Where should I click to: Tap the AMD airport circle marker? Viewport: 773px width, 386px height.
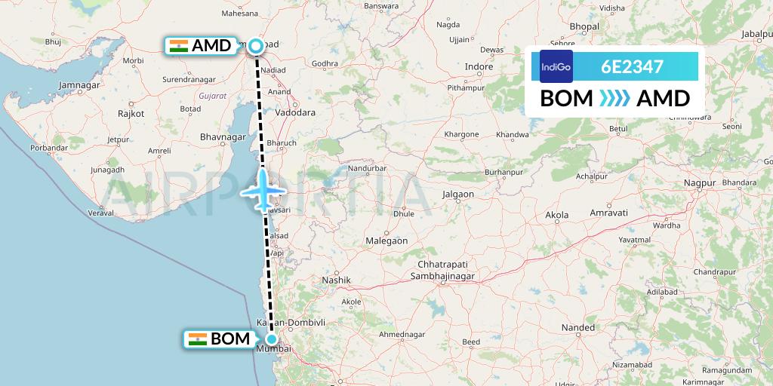coord(256,46)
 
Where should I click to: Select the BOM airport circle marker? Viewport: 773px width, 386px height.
coord(271,339)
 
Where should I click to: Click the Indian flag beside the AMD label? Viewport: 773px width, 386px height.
coord(179,46)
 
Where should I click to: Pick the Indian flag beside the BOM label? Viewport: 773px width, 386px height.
coord(198,339)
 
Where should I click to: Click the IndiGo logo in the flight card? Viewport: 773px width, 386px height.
coord(556,66)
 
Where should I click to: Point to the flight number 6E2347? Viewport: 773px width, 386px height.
coord(632,66)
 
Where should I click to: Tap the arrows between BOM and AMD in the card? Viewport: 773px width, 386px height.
coord(614,99)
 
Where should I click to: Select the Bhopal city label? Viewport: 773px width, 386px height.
coord(584,26)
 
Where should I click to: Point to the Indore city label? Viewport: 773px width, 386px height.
coord(479,66)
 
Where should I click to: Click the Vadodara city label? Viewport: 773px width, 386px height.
coord(295,112)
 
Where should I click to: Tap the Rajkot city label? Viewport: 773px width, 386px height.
coord(131,113)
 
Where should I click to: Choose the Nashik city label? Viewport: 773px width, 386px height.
coord(337,280)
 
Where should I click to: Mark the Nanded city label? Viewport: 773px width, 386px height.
coord(578,327)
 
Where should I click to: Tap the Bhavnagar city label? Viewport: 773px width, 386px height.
coord(221,137)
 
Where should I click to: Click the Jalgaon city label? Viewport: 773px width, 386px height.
coord(458,194)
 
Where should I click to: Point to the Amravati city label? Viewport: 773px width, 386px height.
coord(608,213)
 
